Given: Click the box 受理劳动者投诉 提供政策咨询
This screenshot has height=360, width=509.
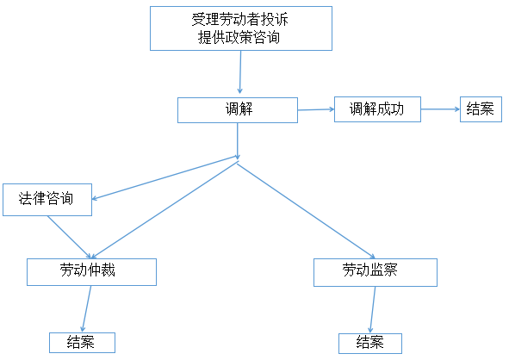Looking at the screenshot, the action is tap(241, 28).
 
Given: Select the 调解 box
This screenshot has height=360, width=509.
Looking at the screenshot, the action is tap(238, 110).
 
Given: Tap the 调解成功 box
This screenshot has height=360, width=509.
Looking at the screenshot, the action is tap(377, 109).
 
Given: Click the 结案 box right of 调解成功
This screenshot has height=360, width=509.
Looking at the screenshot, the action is tap(481, 109).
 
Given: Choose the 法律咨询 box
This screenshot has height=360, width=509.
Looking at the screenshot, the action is tap(47, 200).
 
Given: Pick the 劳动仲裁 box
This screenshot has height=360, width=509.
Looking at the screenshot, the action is tap(91, 272).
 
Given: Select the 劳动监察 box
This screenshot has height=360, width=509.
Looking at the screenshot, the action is tap(376, 272).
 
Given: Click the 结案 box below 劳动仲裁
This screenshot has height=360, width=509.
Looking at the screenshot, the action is tap(82, 343).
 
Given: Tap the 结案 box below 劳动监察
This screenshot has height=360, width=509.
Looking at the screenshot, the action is tap(370, 344).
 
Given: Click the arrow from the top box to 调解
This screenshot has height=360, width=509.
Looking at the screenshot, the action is tap(240, 72).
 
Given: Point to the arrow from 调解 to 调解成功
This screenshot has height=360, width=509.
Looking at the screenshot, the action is tap(316, 109).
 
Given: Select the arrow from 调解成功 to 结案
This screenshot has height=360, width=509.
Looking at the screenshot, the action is tap(440, 109).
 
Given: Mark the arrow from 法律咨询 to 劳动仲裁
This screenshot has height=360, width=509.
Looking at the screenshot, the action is tap(69, 237).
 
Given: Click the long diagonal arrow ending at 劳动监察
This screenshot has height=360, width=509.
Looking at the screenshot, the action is tap(306, 211).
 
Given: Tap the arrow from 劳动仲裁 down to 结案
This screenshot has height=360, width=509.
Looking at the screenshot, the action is tap(87, 308).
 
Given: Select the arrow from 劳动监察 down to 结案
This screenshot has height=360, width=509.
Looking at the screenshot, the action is tap(373, 310).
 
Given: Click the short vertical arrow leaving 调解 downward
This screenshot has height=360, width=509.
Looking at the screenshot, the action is tap(238, 141).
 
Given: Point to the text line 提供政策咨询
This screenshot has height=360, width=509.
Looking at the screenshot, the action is tap(239, 37).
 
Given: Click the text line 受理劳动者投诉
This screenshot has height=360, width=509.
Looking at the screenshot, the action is tap(240, 20).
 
